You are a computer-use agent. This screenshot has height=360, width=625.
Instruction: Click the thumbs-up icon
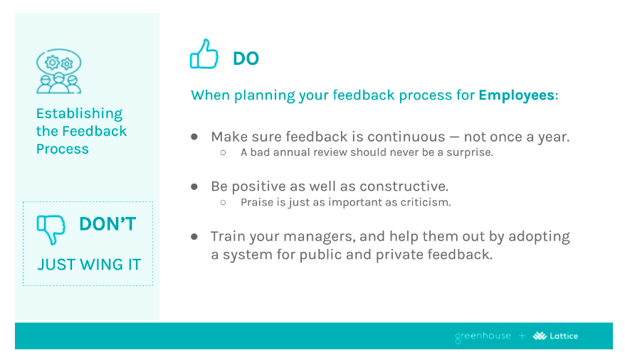(204, 55)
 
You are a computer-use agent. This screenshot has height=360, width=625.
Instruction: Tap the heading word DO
(246, 59)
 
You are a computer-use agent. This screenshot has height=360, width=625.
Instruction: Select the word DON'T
(107, 224)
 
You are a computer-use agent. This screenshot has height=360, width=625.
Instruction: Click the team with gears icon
(58, 71)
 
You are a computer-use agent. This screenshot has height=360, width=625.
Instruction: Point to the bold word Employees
(516, 95)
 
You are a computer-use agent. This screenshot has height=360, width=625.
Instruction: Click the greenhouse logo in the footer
(483, 336)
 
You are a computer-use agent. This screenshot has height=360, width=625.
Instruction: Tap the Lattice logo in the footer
(555, 336)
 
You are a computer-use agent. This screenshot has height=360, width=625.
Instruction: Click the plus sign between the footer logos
(522, 336)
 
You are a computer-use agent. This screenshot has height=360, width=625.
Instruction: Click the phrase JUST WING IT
(89, 265)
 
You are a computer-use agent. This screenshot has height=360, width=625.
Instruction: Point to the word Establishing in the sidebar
(79, 114)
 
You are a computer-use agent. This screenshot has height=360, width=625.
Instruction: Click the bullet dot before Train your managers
(194, 236)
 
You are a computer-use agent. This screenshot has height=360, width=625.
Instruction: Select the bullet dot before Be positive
(194, 186)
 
